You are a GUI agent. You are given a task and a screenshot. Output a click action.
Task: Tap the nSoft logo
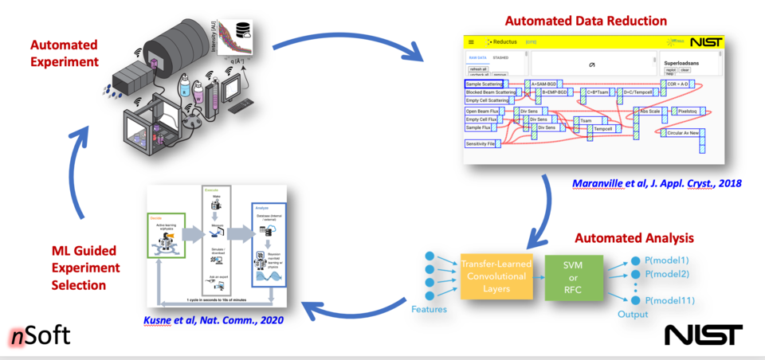(41, 336)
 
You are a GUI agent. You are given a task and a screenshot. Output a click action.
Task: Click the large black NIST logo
(704, 335)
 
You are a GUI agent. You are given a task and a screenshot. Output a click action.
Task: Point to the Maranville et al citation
(657, 183)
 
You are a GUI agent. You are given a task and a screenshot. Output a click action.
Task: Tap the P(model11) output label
(670, 300)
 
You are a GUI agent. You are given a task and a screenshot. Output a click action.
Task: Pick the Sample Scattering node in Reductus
(484, 84)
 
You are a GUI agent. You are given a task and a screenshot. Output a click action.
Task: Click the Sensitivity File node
(481, 144)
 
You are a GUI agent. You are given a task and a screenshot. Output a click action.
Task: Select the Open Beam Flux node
(483, 112)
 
